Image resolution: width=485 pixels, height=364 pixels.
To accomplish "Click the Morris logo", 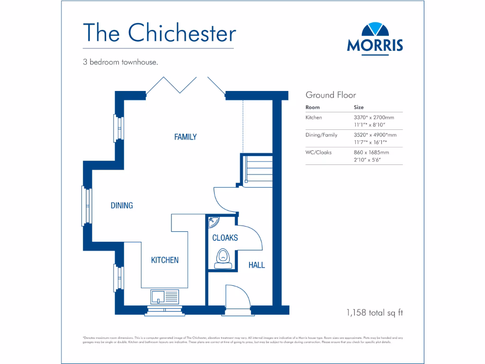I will pos(375,38).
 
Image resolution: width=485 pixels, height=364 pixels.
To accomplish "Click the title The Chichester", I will pos(159,33).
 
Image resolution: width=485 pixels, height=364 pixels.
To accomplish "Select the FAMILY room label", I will pos(185,137).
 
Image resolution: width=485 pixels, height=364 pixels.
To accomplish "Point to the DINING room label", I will pos(122,206).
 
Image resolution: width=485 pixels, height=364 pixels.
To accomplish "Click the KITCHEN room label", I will pos(165,260).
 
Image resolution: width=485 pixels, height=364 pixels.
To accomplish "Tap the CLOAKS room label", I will pos(225,238).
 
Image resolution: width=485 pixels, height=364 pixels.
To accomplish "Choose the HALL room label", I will pos(257,265).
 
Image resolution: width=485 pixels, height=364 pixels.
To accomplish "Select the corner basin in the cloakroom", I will pos(214,222).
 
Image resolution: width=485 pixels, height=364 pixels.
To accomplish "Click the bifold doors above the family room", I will pos(185,85).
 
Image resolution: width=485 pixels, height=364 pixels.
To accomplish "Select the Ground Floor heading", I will pos(331,95).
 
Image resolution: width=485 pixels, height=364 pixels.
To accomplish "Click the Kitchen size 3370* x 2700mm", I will pos(374,117).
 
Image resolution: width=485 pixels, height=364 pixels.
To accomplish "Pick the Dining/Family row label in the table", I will pos(322,135).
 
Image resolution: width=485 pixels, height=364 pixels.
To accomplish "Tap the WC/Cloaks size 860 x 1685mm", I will pos(371,153).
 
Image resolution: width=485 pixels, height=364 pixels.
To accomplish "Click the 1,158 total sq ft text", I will pos(375,313).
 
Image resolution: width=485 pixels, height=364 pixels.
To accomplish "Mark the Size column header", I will pos(359,107).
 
